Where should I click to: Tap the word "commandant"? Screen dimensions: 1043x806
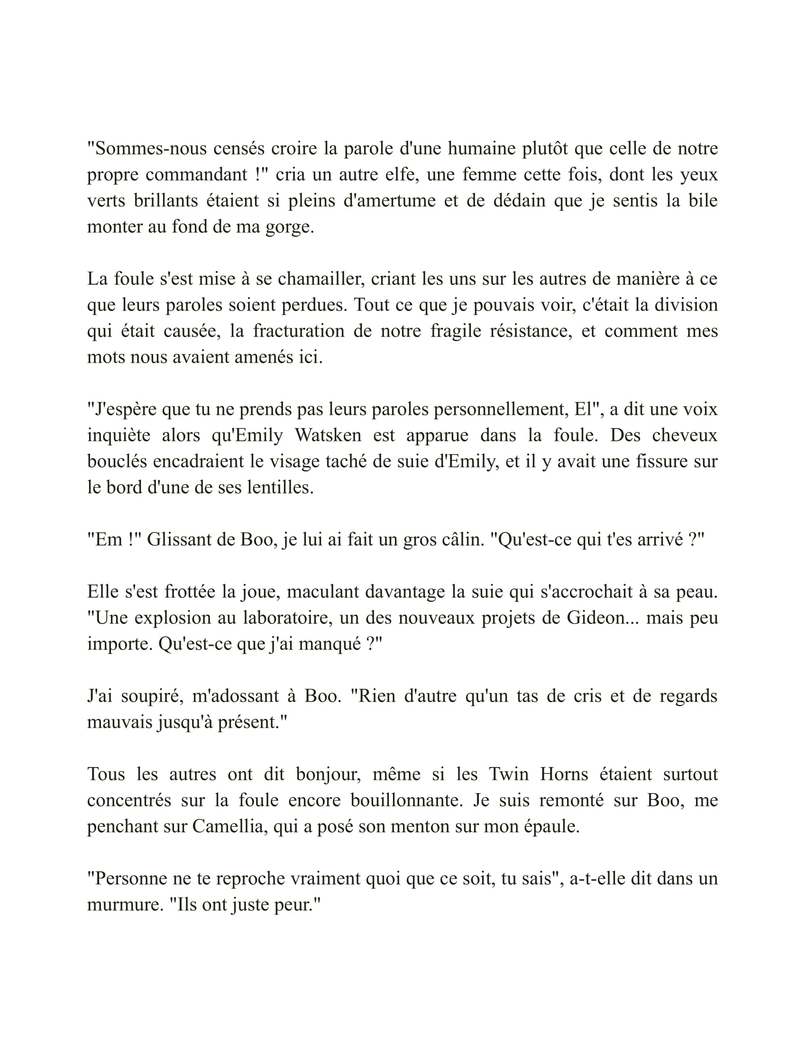coord(196,175)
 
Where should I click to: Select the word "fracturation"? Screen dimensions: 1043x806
coord(298,331)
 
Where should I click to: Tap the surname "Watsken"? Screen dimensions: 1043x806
coord(328,436)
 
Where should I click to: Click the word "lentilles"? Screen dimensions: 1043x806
coord(279,487)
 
